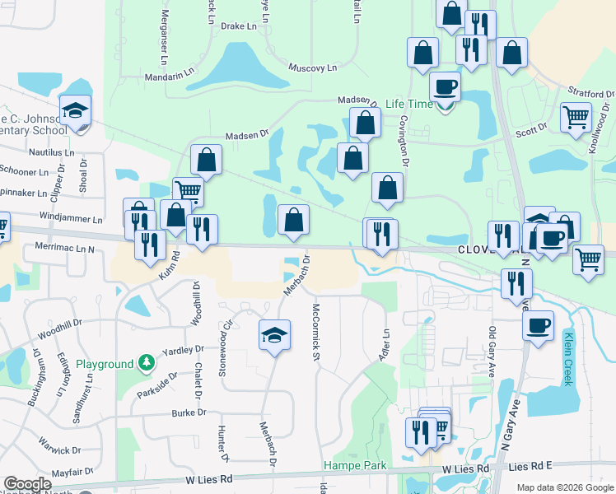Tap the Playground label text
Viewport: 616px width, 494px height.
click(105, 364)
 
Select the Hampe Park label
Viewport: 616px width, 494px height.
click(354, 465)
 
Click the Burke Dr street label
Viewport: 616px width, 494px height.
click(189, 412)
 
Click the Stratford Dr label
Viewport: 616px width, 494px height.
click(590, 94)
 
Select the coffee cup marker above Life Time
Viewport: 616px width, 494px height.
click(445, 86)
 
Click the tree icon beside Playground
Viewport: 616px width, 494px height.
click(146, 362)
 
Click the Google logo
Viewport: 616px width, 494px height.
click(28, 484)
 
